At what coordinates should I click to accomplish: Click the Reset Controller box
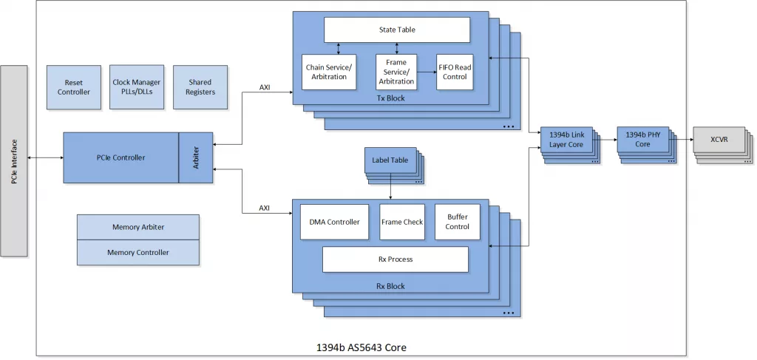(74, 87)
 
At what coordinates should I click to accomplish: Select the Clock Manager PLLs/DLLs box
(137, 87)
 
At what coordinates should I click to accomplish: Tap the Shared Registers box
(200, 87)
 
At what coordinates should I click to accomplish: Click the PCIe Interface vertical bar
(14, 160)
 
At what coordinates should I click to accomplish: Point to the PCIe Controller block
(120, 157)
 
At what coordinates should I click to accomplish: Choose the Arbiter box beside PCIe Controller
(196, 157)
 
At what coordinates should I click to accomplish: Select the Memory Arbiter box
(138, 227)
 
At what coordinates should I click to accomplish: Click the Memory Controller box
(138, 252)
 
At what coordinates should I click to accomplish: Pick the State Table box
(397, 30)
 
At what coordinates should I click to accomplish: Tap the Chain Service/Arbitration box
(329, 72)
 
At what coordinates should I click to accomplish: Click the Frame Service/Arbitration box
(396, 72)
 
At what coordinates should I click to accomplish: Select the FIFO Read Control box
(454, 72)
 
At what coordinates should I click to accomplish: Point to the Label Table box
(390, 160)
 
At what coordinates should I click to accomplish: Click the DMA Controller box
(334, 222)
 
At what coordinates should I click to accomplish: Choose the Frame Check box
(402, 222)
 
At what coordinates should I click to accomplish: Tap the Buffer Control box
(457, 222)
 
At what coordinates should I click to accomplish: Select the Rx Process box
(396, 259)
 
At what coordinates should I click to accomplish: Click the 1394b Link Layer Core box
(566, 139)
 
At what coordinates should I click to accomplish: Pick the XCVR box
(719, 139)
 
